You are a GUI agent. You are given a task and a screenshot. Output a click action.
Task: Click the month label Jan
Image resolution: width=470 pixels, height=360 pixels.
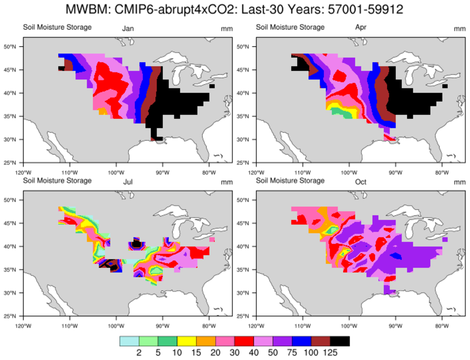(128, 28)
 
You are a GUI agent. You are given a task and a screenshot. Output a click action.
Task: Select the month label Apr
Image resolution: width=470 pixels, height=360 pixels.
(361, 28)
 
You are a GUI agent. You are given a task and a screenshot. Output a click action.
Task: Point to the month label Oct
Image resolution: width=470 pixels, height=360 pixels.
(361, 182)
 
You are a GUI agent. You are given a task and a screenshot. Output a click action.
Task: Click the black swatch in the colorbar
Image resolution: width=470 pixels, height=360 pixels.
(340, 341)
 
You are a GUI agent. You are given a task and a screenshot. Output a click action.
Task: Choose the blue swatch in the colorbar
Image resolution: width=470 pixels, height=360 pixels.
(302, 341)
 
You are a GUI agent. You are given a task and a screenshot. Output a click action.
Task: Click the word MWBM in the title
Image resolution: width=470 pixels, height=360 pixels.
(83, 9)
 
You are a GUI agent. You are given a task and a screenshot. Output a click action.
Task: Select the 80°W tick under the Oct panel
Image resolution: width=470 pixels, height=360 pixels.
(442, 322)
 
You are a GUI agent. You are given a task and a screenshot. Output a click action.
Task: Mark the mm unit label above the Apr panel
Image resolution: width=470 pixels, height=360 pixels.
(459, 29)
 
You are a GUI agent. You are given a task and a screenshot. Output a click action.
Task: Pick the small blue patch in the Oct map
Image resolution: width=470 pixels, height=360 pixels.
(396, 255)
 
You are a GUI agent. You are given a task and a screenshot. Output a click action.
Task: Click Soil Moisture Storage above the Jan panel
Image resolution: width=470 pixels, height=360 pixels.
(57, 27)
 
